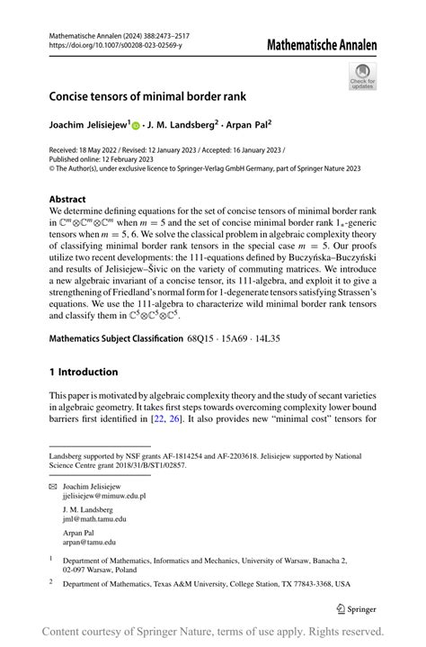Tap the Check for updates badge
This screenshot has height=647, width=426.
[363, 76]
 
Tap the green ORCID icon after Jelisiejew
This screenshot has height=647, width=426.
[137, 125]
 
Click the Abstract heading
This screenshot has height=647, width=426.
[67, 199]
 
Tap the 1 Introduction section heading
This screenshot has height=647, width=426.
[84, 372]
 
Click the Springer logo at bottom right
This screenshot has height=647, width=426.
[356, 608]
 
